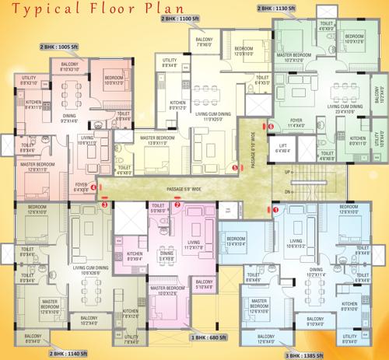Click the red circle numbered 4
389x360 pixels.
pos(94,187)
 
